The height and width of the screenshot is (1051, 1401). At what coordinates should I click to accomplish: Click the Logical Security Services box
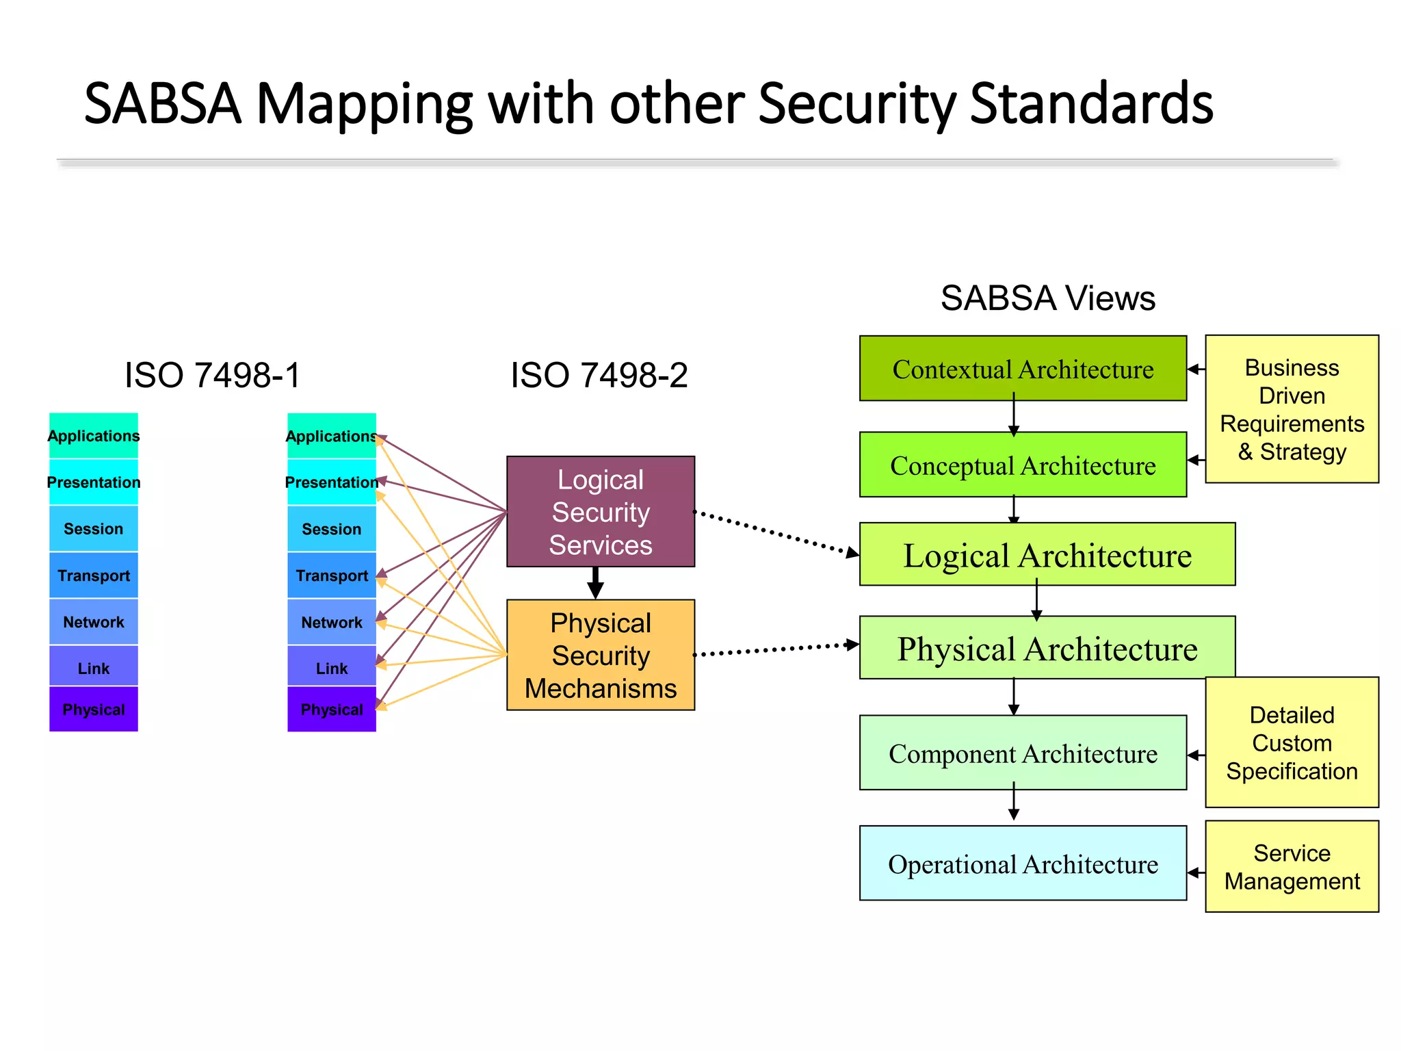[600, 511]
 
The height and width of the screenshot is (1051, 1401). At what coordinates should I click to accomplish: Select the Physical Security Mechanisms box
[600, 655]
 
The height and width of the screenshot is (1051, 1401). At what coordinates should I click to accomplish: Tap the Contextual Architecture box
[1022, 369]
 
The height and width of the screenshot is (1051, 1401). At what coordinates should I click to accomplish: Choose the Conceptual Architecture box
[1022, 465]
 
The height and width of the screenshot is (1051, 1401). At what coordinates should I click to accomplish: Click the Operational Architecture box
[1022, 864]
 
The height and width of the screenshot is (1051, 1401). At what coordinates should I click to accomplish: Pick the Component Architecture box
[1022, 753]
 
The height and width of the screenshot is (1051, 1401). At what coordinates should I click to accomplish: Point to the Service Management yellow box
[1292, 866]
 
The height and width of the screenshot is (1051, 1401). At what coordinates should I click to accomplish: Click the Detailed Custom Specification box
[1292, 742]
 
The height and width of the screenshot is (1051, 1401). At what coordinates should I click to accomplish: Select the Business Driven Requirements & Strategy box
[1292, 409]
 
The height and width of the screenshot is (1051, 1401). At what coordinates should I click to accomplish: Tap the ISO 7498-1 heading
[212, 375]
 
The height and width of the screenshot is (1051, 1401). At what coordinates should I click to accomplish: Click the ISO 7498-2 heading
[599, 375]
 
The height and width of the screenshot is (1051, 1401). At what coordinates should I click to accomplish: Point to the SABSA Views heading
[1047, 298]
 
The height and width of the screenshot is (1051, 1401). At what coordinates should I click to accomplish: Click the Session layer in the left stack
[94, 528]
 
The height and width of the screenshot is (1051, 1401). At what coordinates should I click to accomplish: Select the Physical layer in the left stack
[94, 709]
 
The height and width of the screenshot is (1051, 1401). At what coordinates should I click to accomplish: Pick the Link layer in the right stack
[332, 667]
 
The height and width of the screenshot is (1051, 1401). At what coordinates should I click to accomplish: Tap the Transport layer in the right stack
[332, 575]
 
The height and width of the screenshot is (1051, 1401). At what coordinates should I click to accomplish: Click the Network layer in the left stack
[94, 621]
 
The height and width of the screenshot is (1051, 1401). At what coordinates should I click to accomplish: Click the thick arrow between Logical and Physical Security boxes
[596, 582]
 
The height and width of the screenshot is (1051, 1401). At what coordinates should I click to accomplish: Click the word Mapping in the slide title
[363, 103]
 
